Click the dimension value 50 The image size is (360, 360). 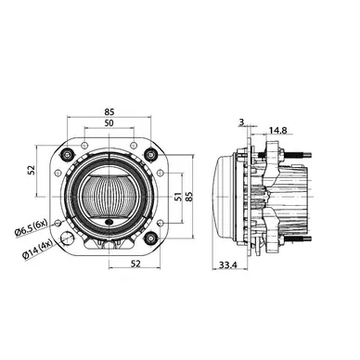click(x=109, y=122)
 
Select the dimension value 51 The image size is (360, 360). click(x=178, y=197)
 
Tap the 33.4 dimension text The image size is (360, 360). click(x=228, y=265)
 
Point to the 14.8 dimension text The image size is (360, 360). click(x=278, y=130)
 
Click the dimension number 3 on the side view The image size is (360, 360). click(x=241, y=122)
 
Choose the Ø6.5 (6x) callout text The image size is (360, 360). click(x=31, y=227)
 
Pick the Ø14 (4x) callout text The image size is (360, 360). click(x=37, y=251)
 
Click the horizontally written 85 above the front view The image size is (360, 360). click(x=109, y=111)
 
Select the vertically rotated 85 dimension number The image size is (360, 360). click(x=189, y=197)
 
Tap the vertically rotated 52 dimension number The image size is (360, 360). click(x=32, y=170)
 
